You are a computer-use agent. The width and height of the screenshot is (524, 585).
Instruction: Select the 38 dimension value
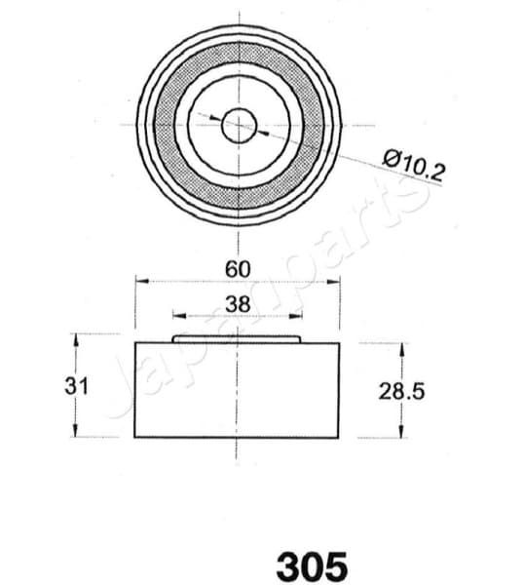[238, 303]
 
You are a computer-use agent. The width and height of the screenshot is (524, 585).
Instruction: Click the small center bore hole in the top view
[238, 124]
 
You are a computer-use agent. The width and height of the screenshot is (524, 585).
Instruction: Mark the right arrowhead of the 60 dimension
[336, 281]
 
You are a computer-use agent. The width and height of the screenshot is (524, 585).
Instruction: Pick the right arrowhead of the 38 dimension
[298, 316]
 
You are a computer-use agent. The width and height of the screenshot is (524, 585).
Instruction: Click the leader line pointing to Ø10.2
[321, 146]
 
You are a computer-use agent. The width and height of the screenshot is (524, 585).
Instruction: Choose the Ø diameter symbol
[391, 157]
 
